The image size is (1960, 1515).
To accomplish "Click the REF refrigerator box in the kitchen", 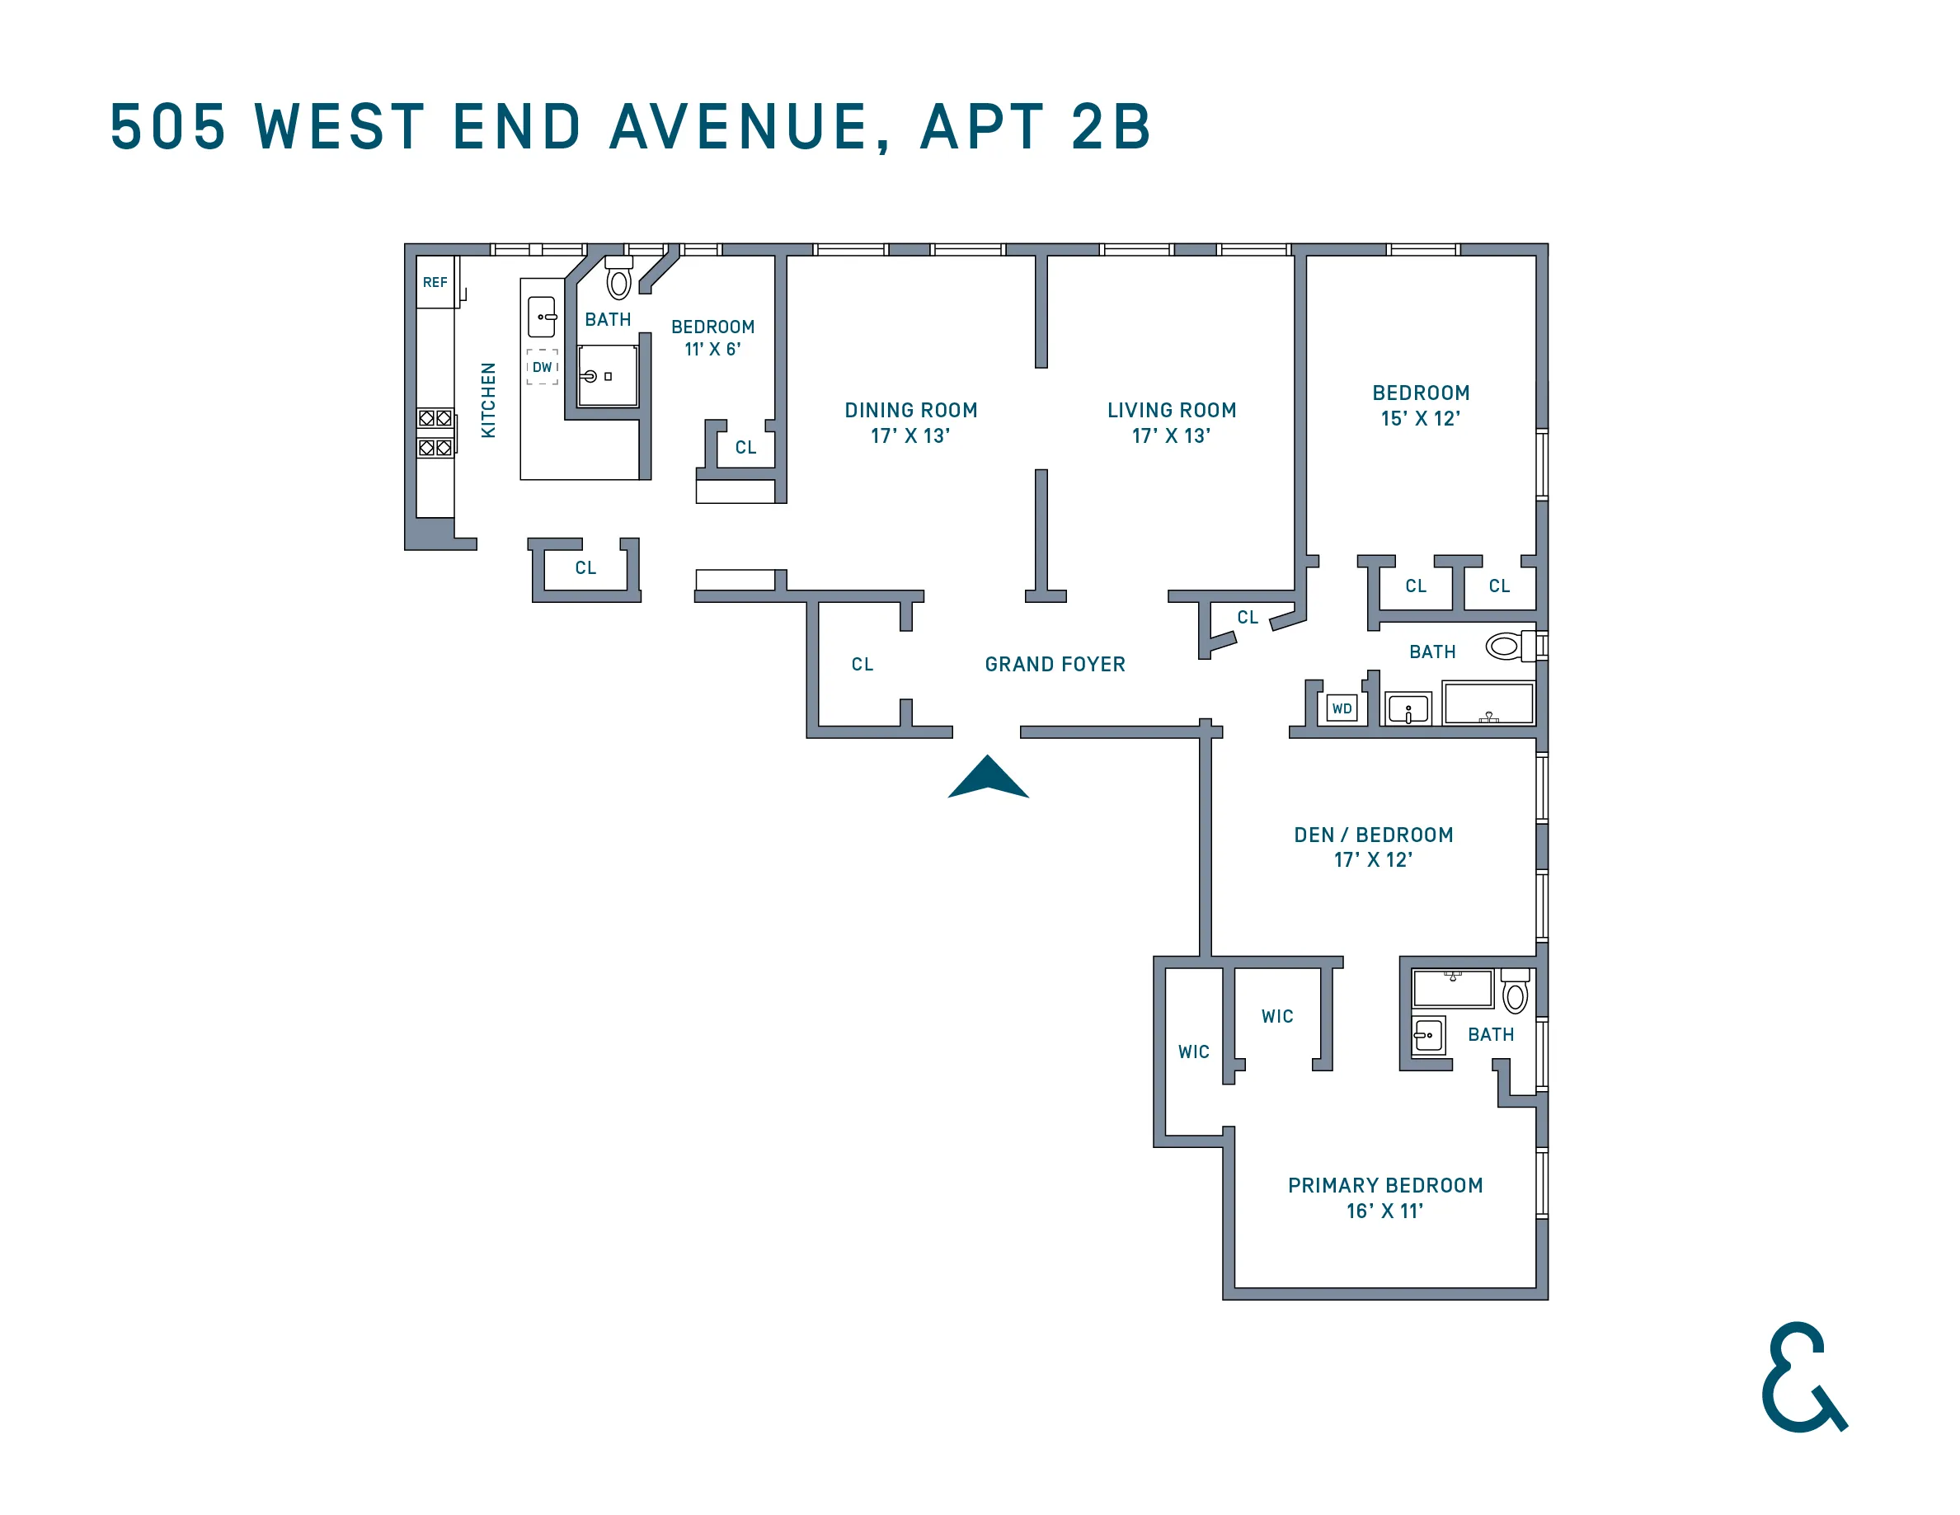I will click(435, 283).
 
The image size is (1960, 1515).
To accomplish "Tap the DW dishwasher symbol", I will click(542, 367).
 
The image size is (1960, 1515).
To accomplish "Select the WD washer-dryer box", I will click(1342, 709).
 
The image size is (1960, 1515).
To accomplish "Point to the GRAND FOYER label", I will click(1055, 664).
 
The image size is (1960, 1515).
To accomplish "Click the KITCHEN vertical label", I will click(488, 400).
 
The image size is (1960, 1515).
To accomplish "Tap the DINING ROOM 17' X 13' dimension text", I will click(910, 436).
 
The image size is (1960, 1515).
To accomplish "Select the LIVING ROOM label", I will click(1171, 410).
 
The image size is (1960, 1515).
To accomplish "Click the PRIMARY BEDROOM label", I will click(1384, 1186).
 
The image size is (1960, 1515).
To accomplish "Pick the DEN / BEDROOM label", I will click(1373, 835).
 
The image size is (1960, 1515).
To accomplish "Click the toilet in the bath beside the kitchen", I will click(618, 280).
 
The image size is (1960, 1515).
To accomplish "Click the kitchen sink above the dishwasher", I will click(542, 317).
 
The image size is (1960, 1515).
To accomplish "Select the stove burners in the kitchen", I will click(435, 433).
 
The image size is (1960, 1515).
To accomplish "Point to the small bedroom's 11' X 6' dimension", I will click(712, 350).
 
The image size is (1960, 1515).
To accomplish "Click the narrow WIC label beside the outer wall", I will click(1194, 1052).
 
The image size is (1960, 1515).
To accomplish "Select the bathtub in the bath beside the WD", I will click(1489, 703).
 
